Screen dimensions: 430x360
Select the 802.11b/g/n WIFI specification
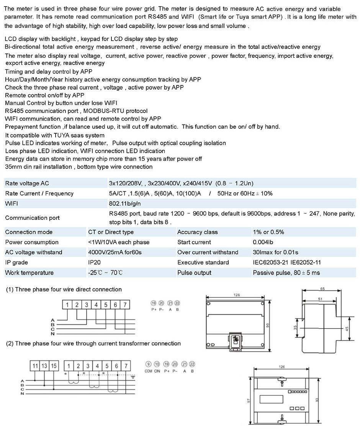125,204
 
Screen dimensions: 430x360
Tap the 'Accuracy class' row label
197,232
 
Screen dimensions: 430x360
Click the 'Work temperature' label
29,273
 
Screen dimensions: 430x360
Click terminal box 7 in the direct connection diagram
124,305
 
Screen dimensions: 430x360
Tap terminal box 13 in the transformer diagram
44,366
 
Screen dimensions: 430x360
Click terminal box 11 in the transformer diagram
35,366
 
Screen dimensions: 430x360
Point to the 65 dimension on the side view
323,289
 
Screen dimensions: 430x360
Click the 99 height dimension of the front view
268,325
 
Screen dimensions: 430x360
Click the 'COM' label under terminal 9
149,371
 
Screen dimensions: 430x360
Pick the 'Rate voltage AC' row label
27,183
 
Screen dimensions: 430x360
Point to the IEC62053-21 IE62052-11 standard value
286,263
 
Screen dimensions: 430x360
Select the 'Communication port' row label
32,218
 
